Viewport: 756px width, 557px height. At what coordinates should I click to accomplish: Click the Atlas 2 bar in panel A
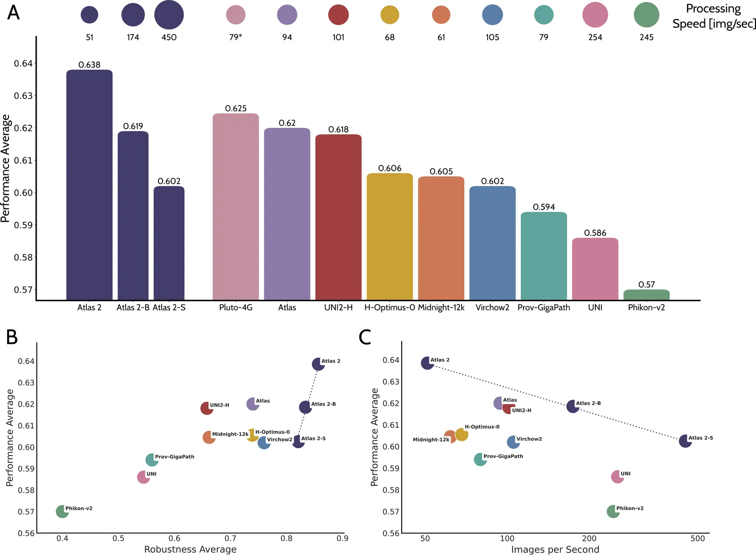[89, 184]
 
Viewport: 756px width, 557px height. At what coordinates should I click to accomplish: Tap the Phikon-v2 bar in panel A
[646, 295]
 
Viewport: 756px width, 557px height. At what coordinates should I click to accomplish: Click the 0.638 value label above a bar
[89, 65]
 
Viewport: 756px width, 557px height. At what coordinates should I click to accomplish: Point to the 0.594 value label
[544, 207]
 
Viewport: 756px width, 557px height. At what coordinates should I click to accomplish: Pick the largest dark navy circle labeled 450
[169, 15]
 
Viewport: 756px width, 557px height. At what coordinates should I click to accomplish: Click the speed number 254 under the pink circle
[595, 37]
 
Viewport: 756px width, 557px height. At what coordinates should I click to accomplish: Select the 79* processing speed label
[236, 37]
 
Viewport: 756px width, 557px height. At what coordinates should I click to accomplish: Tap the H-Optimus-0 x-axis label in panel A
[390, 308]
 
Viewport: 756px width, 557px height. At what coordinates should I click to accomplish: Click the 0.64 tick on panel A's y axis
[23, 63]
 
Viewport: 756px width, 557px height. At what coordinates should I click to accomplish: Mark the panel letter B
[12, 338]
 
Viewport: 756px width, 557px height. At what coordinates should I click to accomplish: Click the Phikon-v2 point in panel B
[62, 511]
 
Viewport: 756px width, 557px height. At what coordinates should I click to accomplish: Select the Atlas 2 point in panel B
[318, 364]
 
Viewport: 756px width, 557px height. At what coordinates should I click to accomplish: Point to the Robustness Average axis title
[190, 549]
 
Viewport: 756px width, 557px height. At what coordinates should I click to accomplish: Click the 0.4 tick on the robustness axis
[62, 539]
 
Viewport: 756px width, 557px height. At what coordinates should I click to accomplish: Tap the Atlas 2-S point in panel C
[685, 441]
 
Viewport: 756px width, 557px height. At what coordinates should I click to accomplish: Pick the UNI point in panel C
[617, 477]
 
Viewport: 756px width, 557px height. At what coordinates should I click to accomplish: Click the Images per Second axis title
[555, 549]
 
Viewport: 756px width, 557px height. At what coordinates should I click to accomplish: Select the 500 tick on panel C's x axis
[697, 539]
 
